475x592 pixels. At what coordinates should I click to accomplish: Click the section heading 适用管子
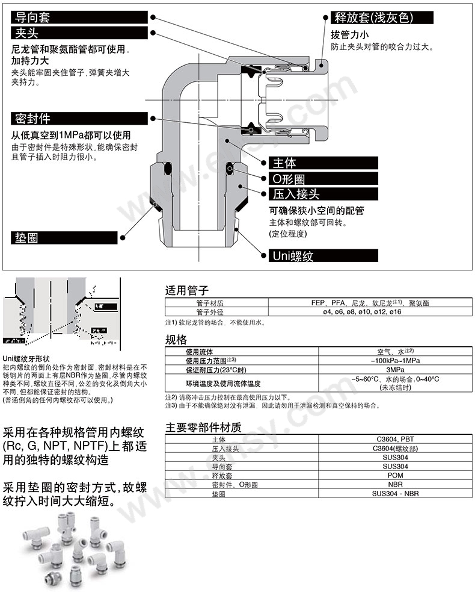187,290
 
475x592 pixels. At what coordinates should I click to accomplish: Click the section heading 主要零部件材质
203,428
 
